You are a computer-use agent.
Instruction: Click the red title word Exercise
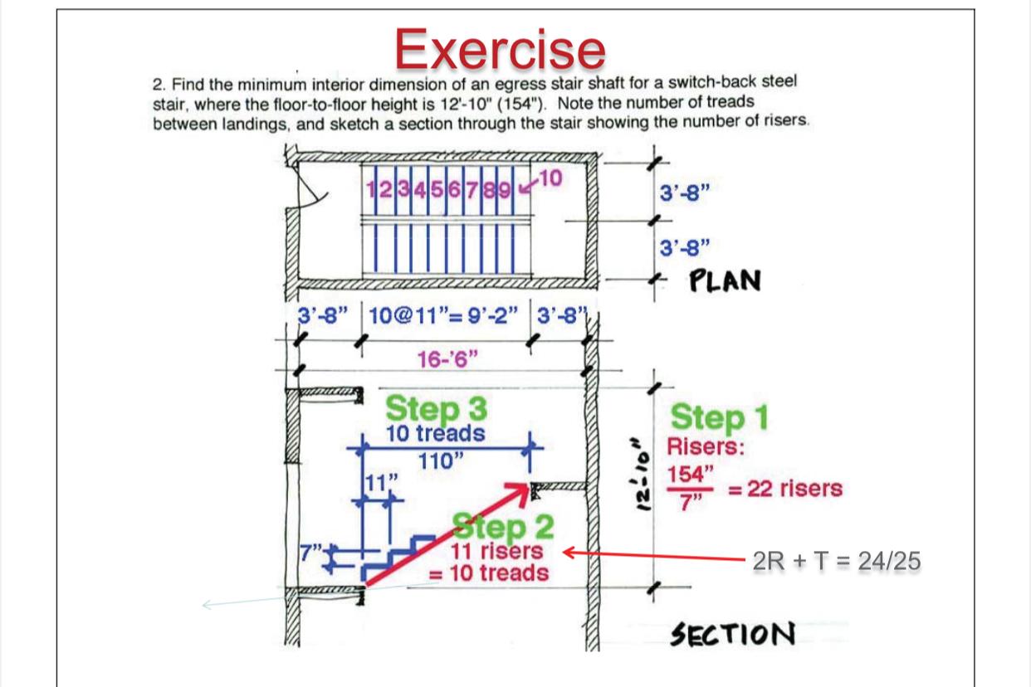coord(500,48)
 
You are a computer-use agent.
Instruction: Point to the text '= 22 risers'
coord(784,489)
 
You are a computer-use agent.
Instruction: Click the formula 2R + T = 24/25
coord(836,562)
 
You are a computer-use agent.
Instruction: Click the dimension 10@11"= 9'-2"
coord(444,316)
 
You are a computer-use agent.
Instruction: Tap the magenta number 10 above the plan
coord(552,176)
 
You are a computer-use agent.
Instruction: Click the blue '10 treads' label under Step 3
coord(436,432)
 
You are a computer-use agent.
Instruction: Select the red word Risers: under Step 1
coord(706,448)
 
